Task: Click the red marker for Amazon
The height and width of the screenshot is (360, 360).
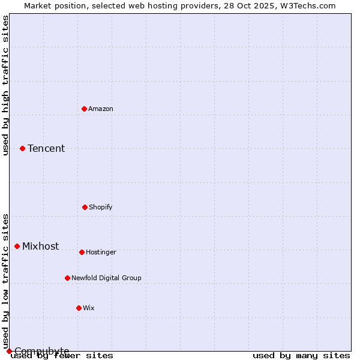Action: pos(84,109)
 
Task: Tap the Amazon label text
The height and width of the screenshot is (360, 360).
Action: pos(101,109)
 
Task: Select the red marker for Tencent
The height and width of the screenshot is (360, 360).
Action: pos(22,148)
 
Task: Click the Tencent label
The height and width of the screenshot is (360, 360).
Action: pos(46,149)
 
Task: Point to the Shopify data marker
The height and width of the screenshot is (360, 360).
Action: pos(85,207)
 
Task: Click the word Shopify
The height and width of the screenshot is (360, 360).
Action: pos(101,208)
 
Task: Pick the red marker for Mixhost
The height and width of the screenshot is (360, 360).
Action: pos(17,246)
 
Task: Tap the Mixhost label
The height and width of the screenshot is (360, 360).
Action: pos(41,247)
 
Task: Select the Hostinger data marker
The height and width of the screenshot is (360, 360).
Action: pos(82,252)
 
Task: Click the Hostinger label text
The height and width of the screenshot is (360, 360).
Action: pos(101,253)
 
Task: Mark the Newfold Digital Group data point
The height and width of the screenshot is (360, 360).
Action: pos(67,278)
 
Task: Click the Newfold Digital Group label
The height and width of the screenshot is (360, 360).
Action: pos(106,278)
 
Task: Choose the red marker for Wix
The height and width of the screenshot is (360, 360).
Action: pos(79,308)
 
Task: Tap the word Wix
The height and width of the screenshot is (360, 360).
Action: pos(89,308)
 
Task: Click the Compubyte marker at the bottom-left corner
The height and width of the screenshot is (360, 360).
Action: pos(9,351)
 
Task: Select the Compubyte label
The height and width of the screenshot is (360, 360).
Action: pos(42,351)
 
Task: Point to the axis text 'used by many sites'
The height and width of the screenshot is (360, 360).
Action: pos(301,356)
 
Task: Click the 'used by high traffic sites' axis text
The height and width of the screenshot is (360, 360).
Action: pos(5,85)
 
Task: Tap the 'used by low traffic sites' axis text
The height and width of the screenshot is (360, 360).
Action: pos(5,281)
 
